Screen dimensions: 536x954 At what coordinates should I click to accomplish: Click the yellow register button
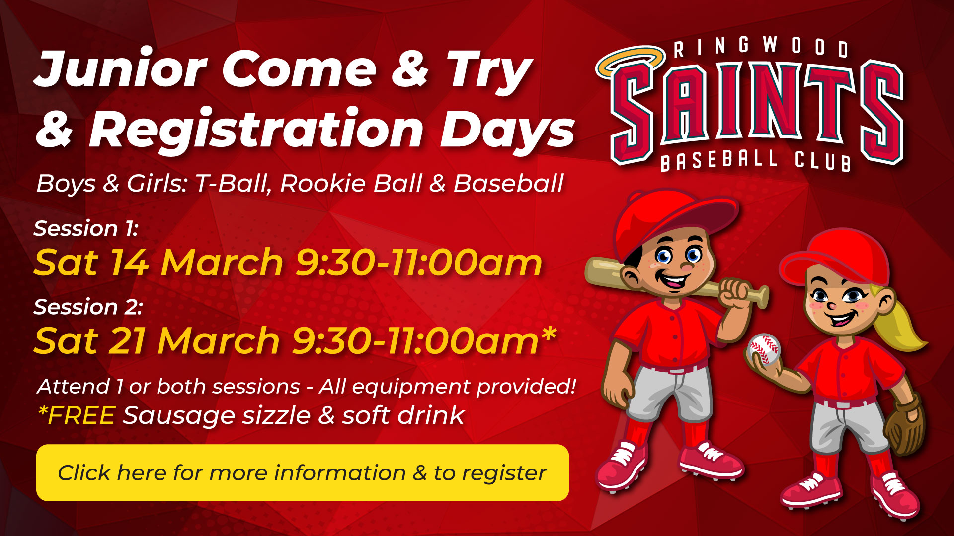tap(302, 472)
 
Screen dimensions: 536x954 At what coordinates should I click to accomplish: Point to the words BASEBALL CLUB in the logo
tap(755, 160)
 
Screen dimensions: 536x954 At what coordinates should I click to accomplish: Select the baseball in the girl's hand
tap(765, 348)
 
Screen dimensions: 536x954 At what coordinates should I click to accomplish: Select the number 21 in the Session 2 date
tap(127, 341)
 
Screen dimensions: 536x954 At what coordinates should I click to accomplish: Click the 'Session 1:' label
tap(85, 229)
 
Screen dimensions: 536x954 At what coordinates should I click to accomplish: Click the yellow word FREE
tap(81, 415)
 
